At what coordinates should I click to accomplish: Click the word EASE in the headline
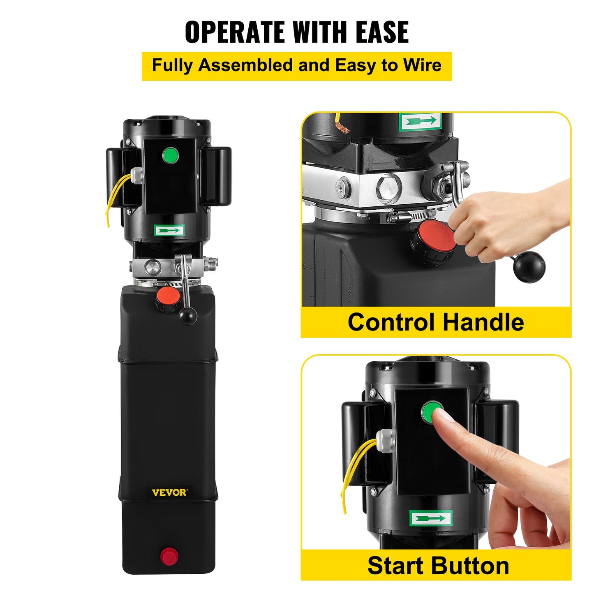click(382, 32)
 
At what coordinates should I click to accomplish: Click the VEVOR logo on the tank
click(169, 492)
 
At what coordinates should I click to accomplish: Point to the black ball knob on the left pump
click(188, 316)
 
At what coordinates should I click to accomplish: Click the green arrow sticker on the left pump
click(169, 230)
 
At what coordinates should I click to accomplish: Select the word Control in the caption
click(391, 322)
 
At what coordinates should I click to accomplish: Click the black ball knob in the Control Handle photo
click(529, 267)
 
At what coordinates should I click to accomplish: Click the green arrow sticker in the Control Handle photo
click(420, 122)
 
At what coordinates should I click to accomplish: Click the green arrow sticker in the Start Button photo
click(431, 518)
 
